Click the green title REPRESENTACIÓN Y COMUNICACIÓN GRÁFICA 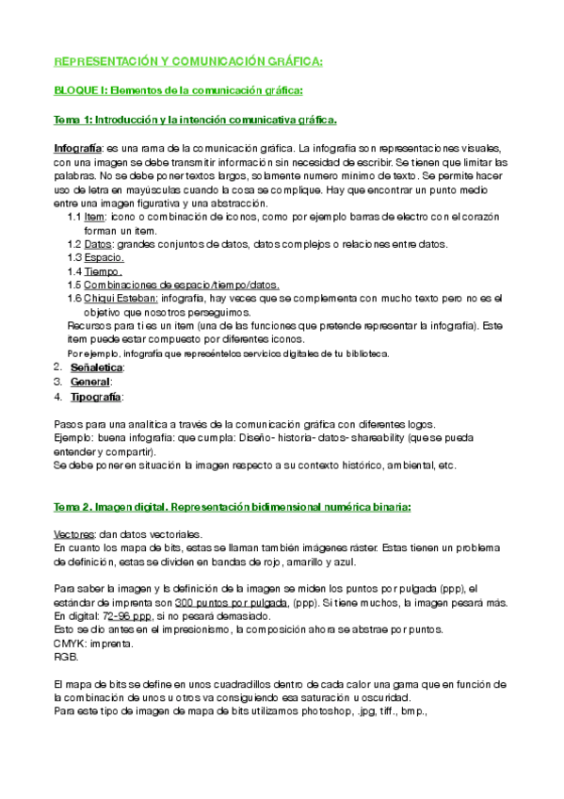[188, 61]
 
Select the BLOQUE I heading [178, 90]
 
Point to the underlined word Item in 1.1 [94, 217]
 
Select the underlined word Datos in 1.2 [98, 244]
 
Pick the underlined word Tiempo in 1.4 [104, 271]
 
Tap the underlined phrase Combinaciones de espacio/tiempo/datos [181, 285]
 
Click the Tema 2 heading [232, 507]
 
